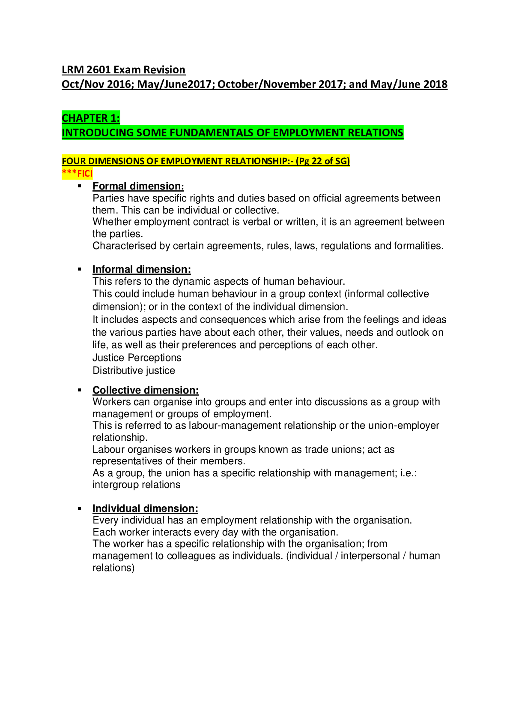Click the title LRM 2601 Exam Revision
click(123, 70)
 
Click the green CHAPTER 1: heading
click(91, 118)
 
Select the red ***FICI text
click(77, 174)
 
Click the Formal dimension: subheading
click(138, 186)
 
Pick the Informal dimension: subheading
click(141, 269)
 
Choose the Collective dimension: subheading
click(145, 390)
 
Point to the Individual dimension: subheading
click(145, 508)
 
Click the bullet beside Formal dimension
click(79, 186)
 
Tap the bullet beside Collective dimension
click(79, 390)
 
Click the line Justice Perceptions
click(137, 358)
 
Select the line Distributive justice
click(134, 370)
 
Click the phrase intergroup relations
click(136, 485)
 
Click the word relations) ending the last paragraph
click(113, 568)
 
